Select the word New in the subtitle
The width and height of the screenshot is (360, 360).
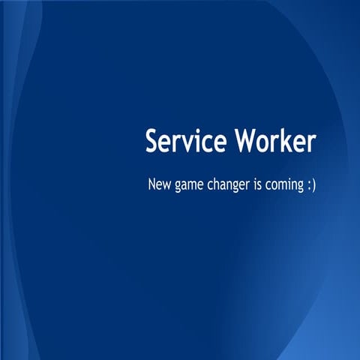pos(160,184)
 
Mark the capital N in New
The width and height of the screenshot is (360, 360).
pos(152,184)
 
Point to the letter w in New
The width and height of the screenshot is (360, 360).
pos(168,185)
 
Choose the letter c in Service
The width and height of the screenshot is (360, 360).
pos(204,143)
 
